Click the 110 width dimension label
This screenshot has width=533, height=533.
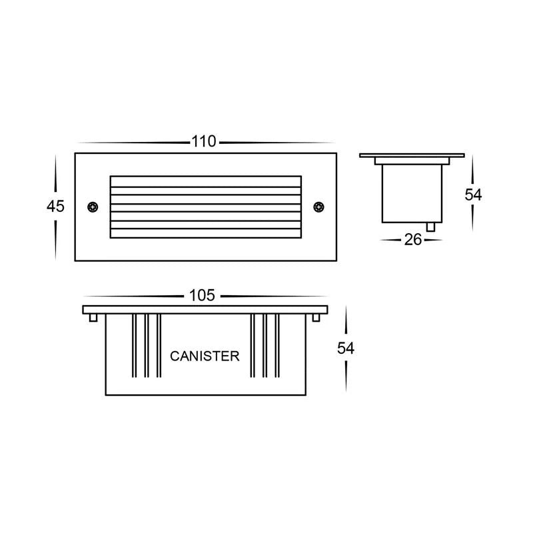click(204, 141)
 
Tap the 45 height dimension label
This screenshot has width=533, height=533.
click(55, 206)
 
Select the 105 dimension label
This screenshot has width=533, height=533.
click(202, 295)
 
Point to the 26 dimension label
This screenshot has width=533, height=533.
click(412, 240)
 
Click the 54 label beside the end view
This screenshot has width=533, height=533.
click(473, 195)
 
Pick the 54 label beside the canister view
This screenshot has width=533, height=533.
click(346, 348)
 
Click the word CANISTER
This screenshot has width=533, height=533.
click(205, 356)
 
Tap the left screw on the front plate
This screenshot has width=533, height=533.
click(93, 207)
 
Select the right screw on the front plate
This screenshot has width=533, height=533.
click(318, 207)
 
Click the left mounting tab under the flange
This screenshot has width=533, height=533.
click(93, 318)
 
